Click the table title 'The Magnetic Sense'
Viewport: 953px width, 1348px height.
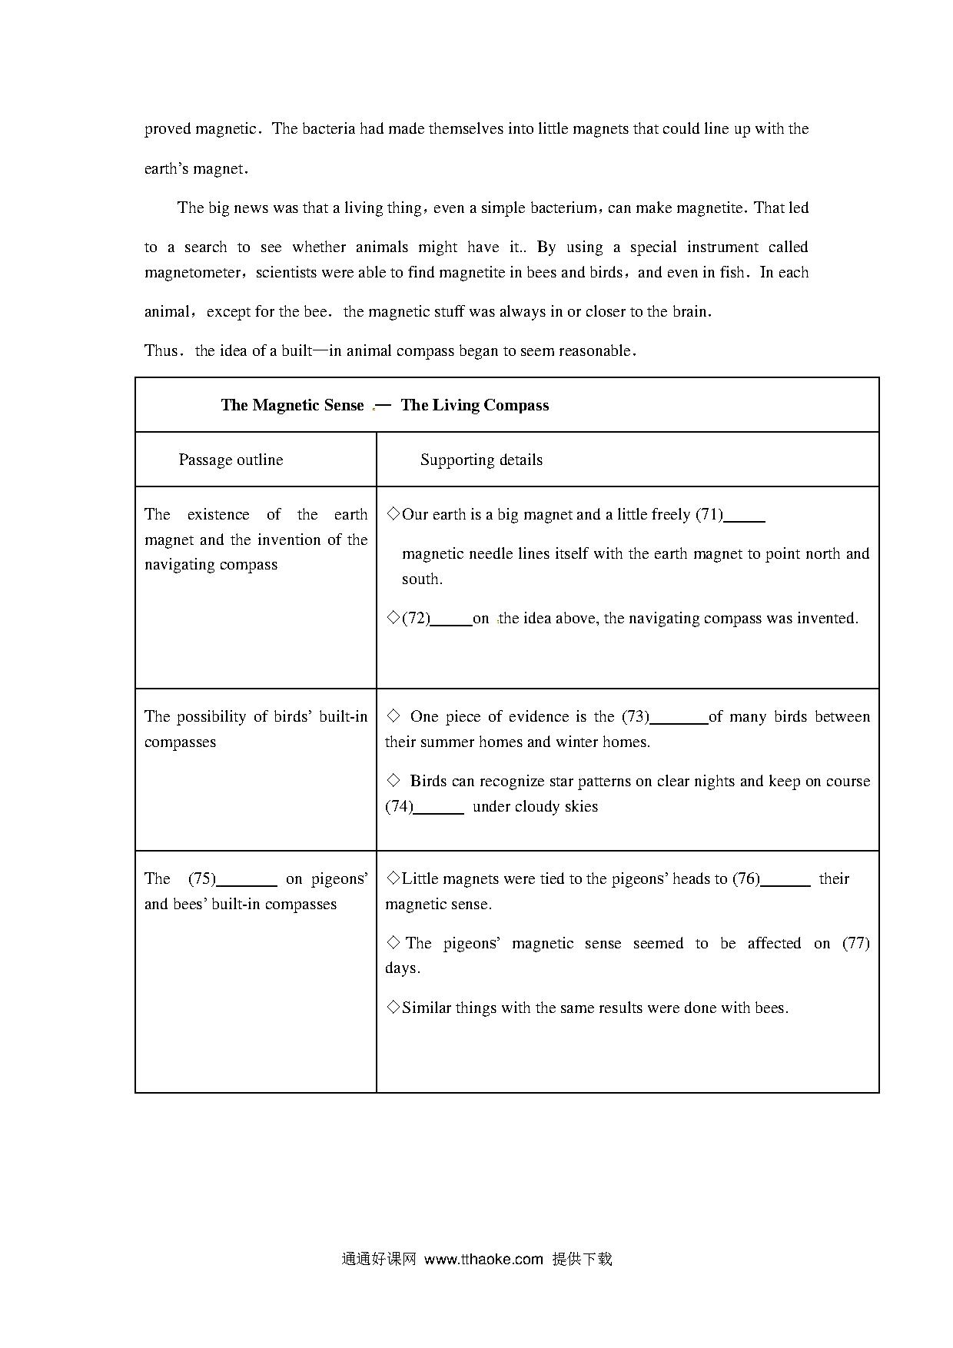[x=292, y=405]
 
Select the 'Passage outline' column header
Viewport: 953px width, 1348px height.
[x=231, y=460]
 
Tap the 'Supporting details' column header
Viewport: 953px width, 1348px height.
[x=481, y=460]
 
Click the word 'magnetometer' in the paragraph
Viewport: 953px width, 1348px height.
[x=194, y=273]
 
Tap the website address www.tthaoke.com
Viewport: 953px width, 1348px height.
[x=483, y=1259]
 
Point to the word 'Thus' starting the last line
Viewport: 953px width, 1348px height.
[x=161, y=350]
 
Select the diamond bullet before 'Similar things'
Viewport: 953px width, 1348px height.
[x=393, y=1007]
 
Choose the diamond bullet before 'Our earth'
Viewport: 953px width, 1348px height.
[x=393, y=513]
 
